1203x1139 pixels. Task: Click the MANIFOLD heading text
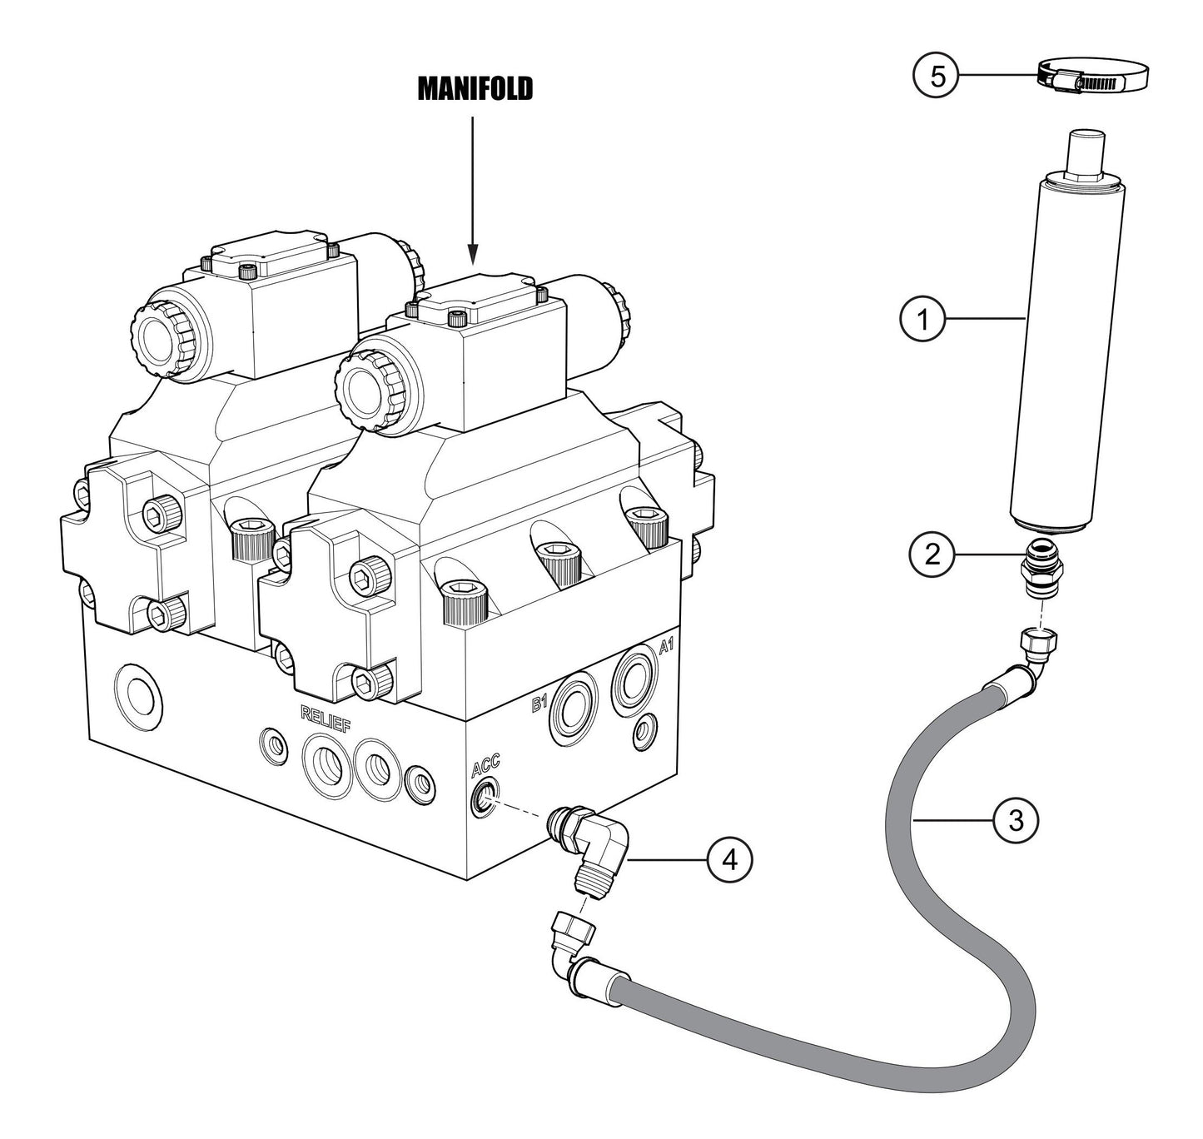click(474, 90)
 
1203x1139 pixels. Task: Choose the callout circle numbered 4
click(729, 859)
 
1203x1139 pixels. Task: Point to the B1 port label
click(539, 705)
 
